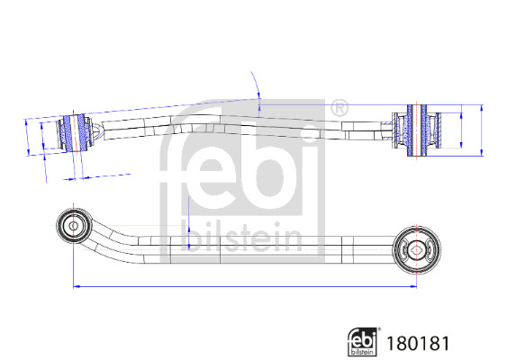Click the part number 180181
(x=418, y=343)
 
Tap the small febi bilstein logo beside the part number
(x=363, y=342)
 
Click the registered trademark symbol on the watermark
(x=340, y=108)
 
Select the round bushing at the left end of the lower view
(x=74, y=226)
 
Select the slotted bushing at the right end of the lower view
(x=416, y=249)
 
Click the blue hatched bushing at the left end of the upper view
(x=75, y=132)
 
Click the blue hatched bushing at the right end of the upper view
(x=416, y=130)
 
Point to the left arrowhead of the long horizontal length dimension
(x=76, y=286)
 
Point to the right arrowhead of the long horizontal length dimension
(x=414, y=286)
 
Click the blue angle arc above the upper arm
(x=257, y=85)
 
